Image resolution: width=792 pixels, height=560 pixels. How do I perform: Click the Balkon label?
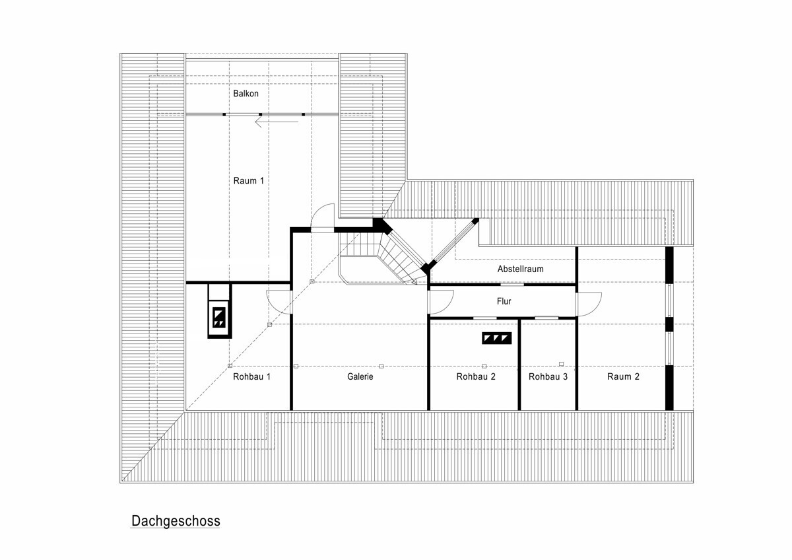point(246,93)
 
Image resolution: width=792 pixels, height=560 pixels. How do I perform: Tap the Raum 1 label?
point(249,181)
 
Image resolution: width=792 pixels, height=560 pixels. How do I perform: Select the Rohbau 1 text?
point(251,376)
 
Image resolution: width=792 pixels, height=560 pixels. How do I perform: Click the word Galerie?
point(360,376)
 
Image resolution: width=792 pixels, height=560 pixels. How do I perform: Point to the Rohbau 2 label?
point(476,376)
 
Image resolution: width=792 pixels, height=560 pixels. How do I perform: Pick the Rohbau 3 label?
point(548,376)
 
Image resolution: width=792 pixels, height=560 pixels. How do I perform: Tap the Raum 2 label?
point(623,376)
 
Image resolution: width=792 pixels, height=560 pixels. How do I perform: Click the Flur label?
point(504,301)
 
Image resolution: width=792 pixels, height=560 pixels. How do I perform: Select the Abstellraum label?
point(521,269)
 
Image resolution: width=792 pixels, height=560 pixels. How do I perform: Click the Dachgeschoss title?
point(176,521)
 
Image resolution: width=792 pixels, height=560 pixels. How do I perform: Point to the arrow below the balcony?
point(277,122)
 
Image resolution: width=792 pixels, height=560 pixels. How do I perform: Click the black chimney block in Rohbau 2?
point(497,338)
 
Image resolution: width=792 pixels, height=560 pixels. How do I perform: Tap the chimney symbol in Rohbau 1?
point(219,318)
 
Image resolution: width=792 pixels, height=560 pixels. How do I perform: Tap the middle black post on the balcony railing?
point(261,115)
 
